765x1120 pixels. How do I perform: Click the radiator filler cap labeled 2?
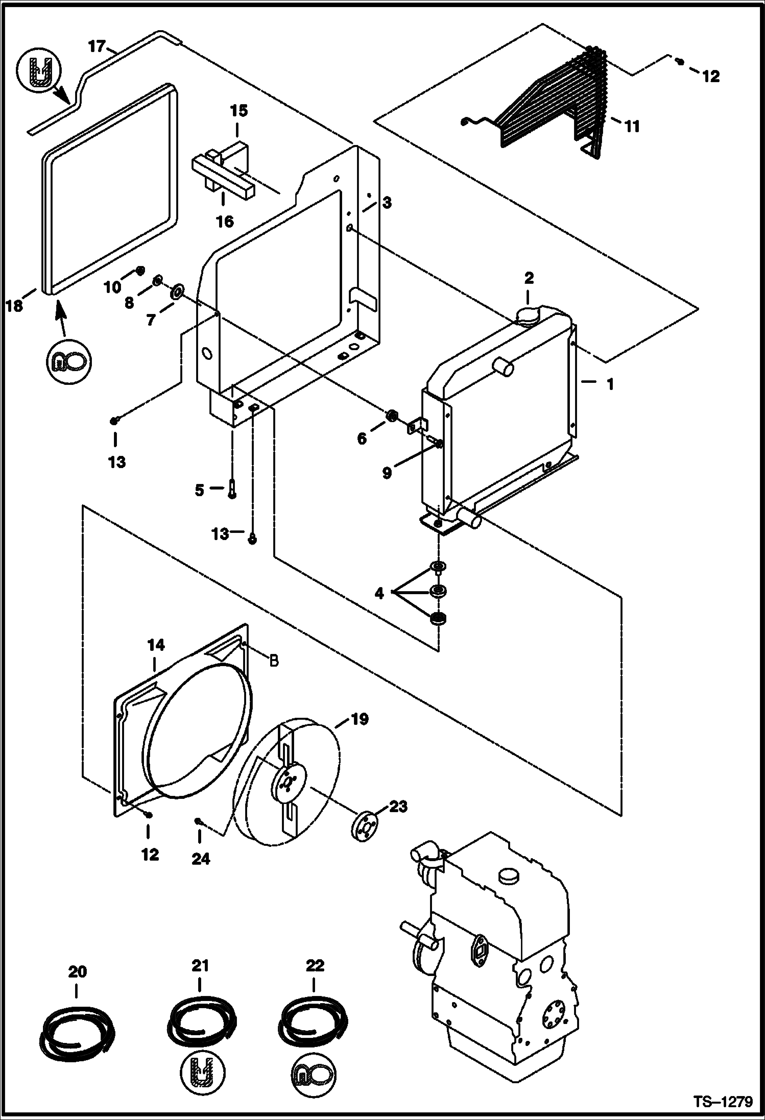click(525, 316)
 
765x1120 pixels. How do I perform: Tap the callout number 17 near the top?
click(95, 47)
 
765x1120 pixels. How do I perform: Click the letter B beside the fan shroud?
click(274, 661)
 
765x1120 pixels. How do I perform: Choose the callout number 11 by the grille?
click(632, 126)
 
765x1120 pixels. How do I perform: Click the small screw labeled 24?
click(198, 820)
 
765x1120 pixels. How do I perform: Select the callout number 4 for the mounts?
click(379, 594)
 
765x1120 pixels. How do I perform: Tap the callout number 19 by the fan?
click(359, 720)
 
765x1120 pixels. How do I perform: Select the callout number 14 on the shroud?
click(156, 645)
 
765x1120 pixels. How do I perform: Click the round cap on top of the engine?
click(510, 875)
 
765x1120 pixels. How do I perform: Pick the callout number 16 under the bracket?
click(225, 221)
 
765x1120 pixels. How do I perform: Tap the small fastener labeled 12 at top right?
click(680, 62)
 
